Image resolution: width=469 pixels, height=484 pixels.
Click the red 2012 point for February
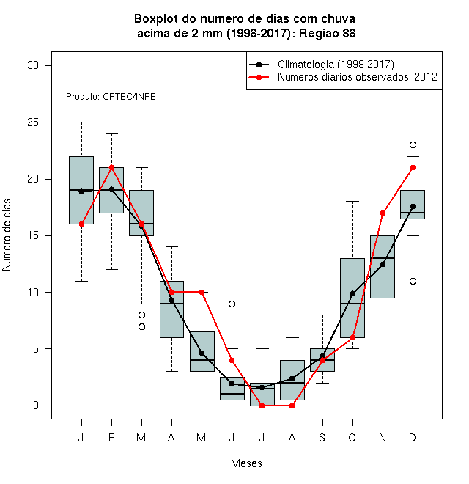(111, 168)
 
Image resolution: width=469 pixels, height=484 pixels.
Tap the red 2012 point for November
(383, 213)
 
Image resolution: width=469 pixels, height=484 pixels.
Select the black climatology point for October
(352, 293)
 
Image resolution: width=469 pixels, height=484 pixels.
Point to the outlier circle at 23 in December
(413, 144)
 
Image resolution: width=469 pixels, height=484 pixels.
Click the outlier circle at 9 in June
(232, 304)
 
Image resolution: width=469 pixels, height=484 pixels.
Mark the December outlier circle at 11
(413, 281)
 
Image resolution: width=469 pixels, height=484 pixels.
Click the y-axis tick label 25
(33, 122)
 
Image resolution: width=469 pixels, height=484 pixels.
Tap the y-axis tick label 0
(36, 406)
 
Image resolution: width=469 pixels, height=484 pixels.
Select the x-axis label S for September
(322, 437)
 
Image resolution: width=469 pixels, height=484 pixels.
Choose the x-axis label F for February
(111, 437)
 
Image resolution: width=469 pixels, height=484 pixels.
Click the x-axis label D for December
(413, 437)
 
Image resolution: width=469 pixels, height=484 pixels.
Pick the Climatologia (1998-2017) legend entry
(321, 65)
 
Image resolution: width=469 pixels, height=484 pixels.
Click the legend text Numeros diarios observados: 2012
(358, 77)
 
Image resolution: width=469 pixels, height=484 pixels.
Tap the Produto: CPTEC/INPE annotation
(111, 97)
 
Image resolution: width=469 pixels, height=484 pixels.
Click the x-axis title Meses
(246, 463)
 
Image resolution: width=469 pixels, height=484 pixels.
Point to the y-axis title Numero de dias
(7, 235)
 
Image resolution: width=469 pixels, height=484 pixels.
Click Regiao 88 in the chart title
(327, 33)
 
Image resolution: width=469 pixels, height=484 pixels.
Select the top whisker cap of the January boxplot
(81, 122)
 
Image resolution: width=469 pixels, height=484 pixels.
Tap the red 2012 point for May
(202, 292)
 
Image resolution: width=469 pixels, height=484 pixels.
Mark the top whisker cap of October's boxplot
(352, 201)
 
